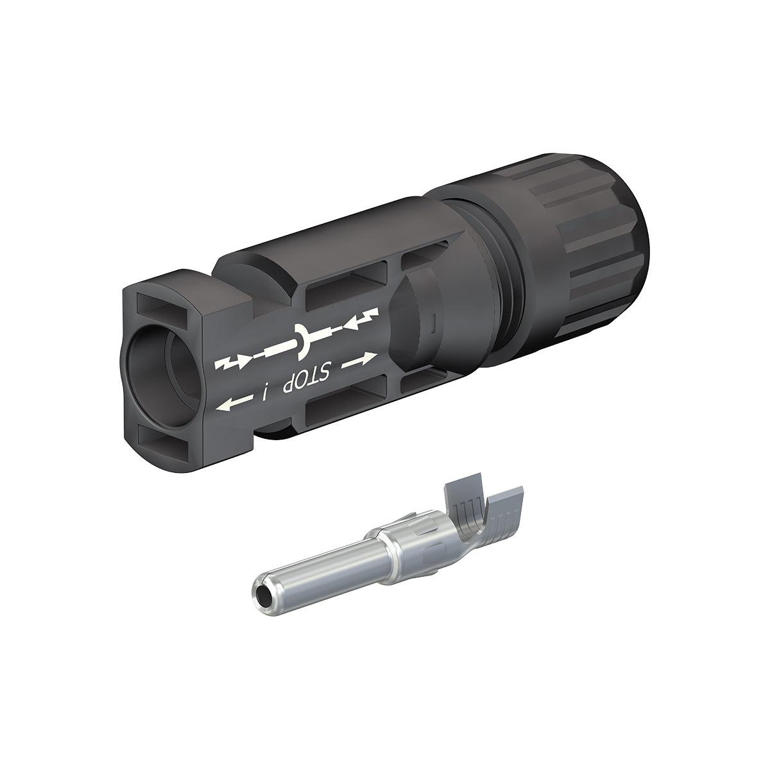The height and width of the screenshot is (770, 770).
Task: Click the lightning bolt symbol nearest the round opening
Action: (230, 364)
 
